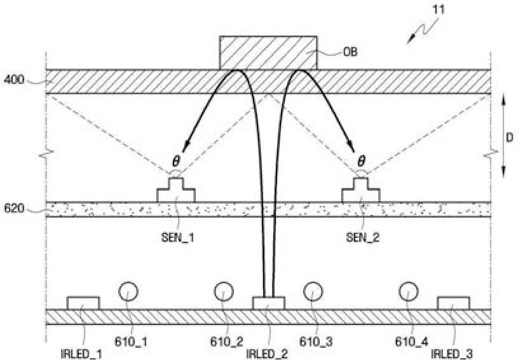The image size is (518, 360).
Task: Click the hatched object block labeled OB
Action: (268, 53)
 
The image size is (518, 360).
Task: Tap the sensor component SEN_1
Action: (176, 191)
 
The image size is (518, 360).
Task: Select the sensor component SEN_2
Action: (360, 191)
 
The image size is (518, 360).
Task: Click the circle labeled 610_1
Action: (129, 291)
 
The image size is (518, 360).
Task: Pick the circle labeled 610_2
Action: (223, 291)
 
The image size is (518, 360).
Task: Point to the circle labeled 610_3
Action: (312, 291)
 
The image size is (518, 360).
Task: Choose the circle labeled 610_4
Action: (407, 291)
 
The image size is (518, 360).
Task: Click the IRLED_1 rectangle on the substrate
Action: (83, 303)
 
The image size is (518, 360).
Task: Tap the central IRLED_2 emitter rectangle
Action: (268, 303)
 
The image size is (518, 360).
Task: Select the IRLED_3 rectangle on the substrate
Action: (453, 303)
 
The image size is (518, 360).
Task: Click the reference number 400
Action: (14, 80)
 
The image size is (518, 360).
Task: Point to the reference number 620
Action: (14, 208)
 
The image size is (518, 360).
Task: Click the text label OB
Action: (350, 52)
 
